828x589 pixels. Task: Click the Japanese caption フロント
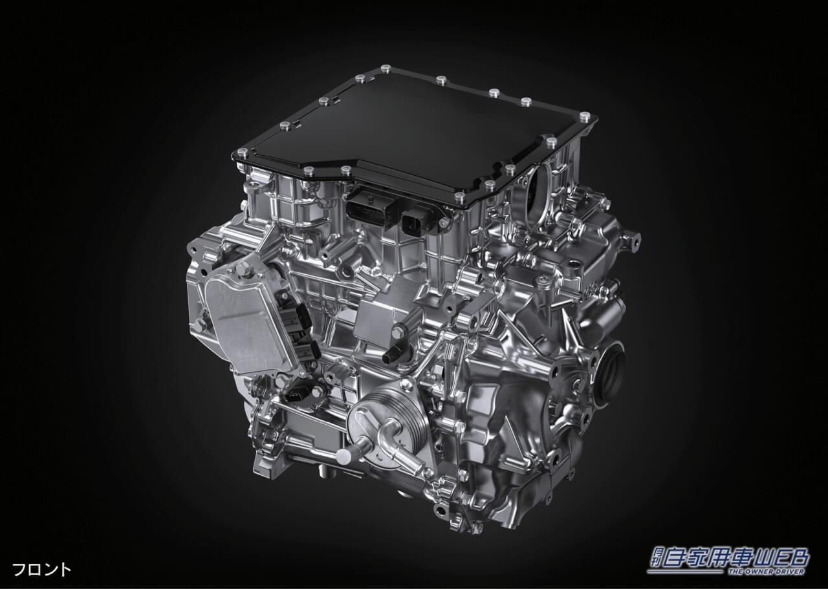[x=41, y=570]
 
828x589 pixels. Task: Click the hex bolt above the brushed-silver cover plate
[x=242, y=268]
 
